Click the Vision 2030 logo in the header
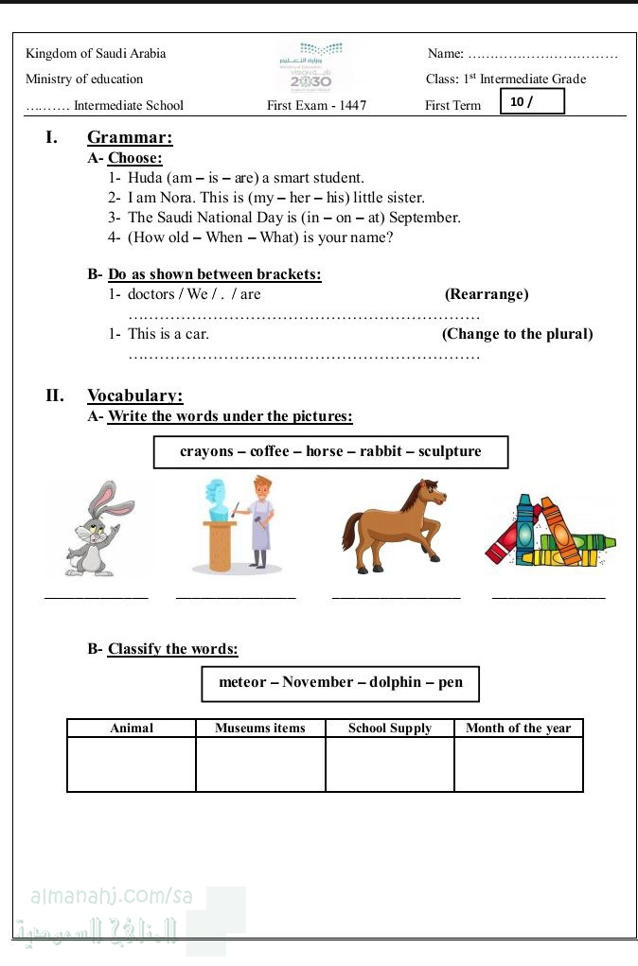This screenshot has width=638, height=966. [311, 66]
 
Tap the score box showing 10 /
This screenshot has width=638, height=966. [532, 101]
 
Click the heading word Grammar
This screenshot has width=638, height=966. [130, 137]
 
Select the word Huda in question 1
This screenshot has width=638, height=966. [145, 178]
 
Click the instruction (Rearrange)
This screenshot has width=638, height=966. [487, 294]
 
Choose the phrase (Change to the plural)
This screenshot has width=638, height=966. [517, 334]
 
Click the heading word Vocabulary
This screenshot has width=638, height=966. [135, 395]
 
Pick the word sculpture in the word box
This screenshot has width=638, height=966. [450, 451]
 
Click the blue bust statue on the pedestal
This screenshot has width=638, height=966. [217, 499]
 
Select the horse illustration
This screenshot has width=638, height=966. [393, 526]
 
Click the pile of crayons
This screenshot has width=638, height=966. [550, 531]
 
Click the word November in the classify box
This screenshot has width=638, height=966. [317, 682]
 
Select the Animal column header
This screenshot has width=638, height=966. [132, 729]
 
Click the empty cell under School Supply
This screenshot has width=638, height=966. [390, 764]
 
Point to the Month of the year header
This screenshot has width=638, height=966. [519, 729]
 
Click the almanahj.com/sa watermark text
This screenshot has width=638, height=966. [112, 896]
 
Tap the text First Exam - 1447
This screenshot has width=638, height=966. [317, 105]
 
